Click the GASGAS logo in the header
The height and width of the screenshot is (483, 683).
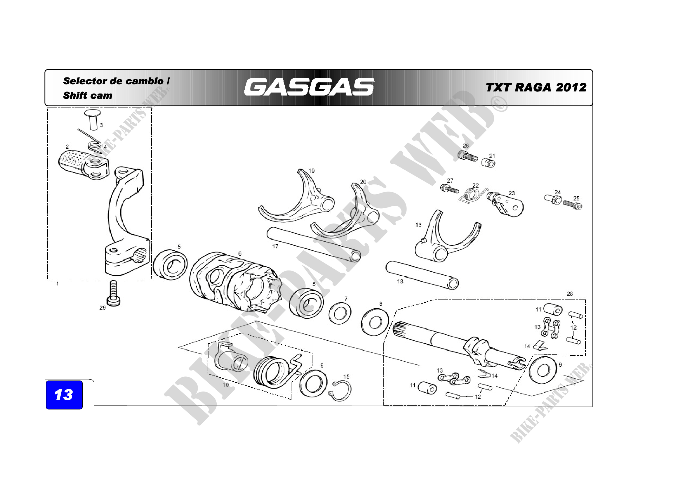coord(309,87)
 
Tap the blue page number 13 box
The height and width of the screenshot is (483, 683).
coord(64,395)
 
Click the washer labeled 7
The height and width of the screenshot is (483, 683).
coord(340,313)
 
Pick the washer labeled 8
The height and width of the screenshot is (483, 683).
coord(375,322)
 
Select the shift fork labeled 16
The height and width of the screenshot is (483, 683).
coord(446,238)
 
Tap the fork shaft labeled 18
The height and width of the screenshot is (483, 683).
coord(422,275)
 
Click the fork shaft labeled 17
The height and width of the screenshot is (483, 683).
coord(314,244)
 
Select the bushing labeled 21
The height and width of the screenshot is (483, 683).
coord(488,163)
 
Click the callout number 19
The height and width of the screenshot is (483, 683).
coord(312,171)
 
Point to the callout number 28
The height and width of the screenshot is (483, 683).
coord(569,294)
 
